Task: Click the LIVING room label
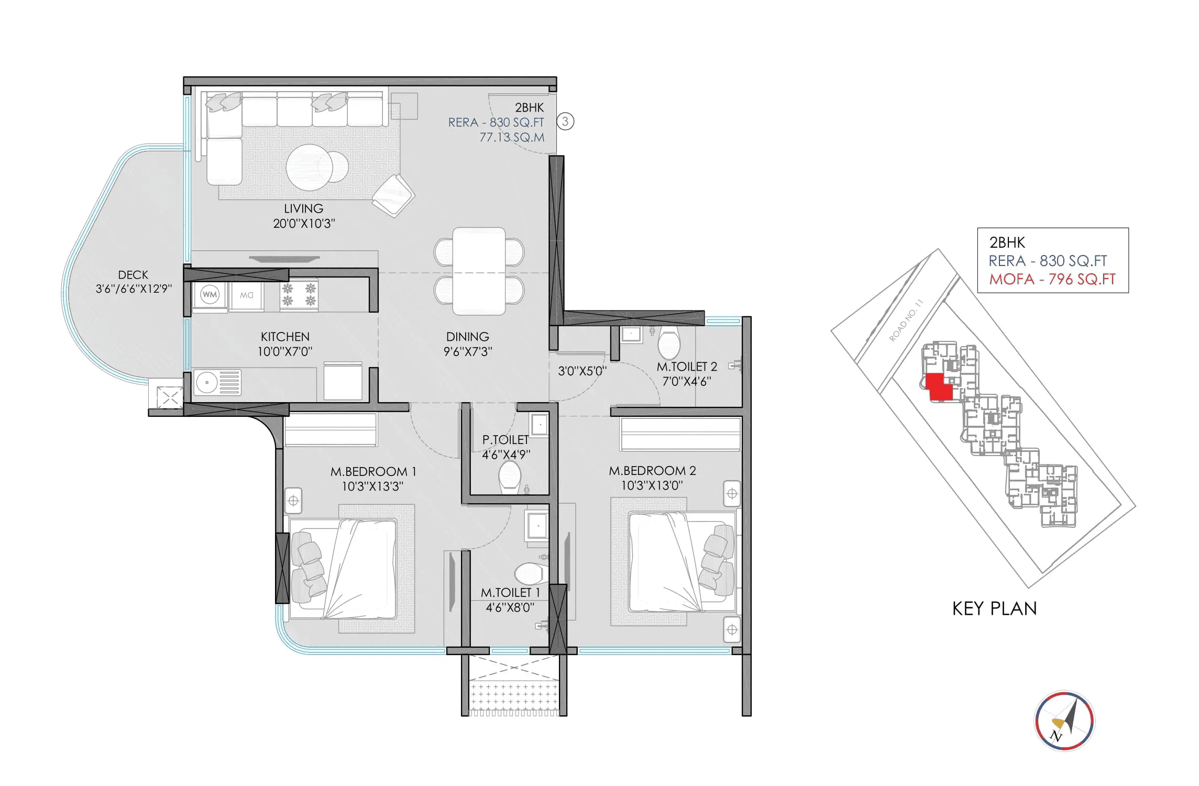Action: coord(304,208)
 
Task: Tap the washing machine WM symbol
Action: coord(210,295)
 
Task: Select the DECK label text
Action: coord(133,275)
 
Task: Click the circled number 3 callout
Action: coord(565,121)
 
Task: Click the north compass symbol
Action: coord(1064,721)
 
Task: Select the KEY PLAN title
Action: coord(994,608)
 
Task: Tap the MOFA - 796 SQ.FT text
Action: coord(1052,279)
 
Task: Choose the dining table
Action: coord(479,271)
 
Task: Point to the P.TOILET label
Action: coord(505,440)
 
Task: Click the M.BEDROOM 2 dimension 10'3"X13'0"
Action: coord(652,485)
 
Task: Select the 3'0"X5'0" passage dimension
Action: coord(582,371)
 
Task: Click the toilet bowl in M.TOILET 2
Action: coord(669,344)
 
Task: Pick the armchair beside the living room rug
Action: coord(393,195)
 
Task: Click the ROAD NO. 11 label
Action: coord(906,320)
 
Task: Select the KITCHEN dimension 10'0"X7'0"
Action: coord(285,351)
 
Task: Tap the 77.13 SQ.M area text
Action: coord(512,137)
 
